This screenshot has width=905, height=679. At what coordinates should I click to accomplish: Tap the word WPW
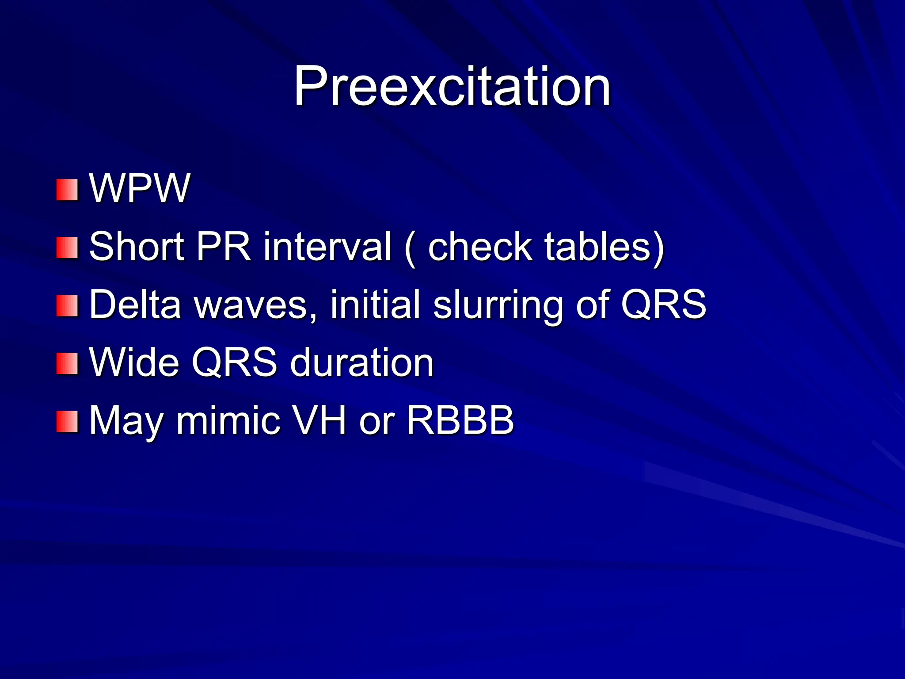point(140,189)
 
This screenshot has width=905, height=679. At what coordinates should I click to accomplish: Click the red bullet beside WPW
point(67,190)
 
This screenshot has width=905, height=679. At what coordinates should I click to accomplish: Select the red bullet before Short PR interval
point(67,248)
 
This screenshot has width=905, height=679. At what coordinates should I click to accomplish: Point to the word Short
point(137,246)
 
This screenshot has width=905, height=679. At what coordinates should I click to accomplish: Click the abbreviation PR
point(224,246)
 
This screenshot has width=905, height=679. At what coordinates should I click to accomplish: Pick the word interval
point(327,246)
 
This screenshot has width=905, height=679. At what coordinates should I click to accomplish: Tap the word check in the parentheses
point(479,246)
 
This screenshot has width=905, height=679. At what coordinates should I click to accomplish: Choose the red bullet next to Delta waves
point(67,306)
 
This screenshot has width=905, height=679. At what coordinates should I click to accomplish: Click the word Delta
point(135,304)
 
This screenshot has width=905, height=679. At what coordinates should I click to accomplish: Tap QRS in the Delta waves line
point(663,304)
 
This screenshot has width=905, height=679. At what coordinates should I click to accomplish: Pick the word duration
point(362,363)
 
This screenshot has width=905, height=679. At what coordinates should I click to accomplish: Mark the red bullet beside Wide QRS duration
point(67,363)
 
